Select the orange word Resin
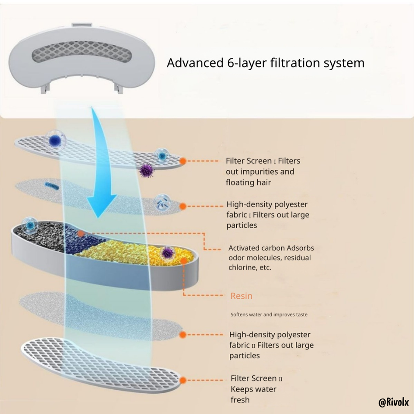tap(241, 296)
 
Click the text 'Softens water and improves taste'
tap(269, 315)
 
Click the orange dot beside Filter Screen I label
tap(183, 161)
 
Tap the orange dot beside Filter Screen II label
tap(183, 380)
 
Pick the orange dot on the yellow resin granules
tap(185, 260)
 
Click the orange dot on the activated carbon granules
tap(81, 233)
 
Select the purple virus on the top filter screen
tap(147, 170)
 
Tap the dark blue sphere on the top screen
tap(55, 140)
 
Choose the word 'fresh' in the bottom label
tap(240, 400)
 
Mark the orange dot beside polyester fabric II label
tap(183, 335)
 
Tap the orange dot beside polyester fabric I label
tap(183, 207)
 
